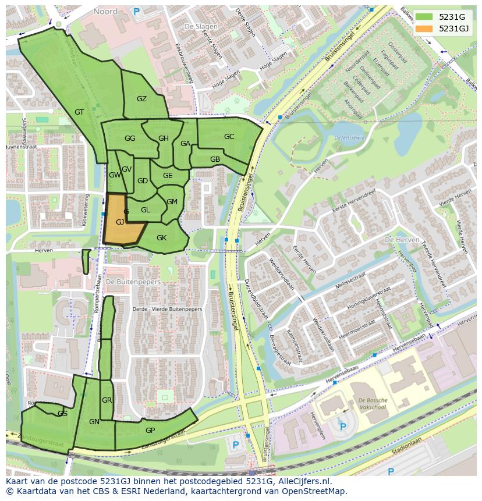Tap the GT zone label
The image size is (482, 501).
pyautogui.click(x=80, y=112)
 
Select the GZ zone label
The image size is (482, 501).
pyautogui.click(x=141, y=99)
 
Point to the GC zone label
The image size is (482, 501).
pyautogui.click(x=229, y=137)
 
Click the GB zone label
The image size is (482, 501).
pyautogui.click(x=215, y=159)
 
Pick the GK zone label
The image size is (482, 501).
pyautogui.click(x=161, y=237)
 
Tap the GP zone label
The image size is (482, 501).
pyautogui.click(x=150, y=430)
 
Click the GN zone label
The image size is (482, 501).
pyautogui.click(x=94, y=422)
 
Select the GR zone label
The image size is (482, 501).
pyautogui.click(x=107, y=400)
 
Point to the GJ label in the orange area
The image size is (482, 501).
pyautogui.click(x=120, y=222)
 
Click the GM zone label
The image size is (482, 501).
pyautogui.click(x=172, y=202)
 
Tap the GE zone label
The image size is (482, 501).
pyautogui.click(x=168, y=176)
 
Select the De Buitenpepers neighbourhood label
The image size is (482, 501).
pyautogui.click(x=133, y=282)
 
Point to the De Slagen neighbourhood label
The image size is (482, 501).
pyautogui.click(x=197, y=27)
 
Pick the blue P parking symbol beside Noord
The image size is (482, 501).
pyautogui.click(x=137, y=11)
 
